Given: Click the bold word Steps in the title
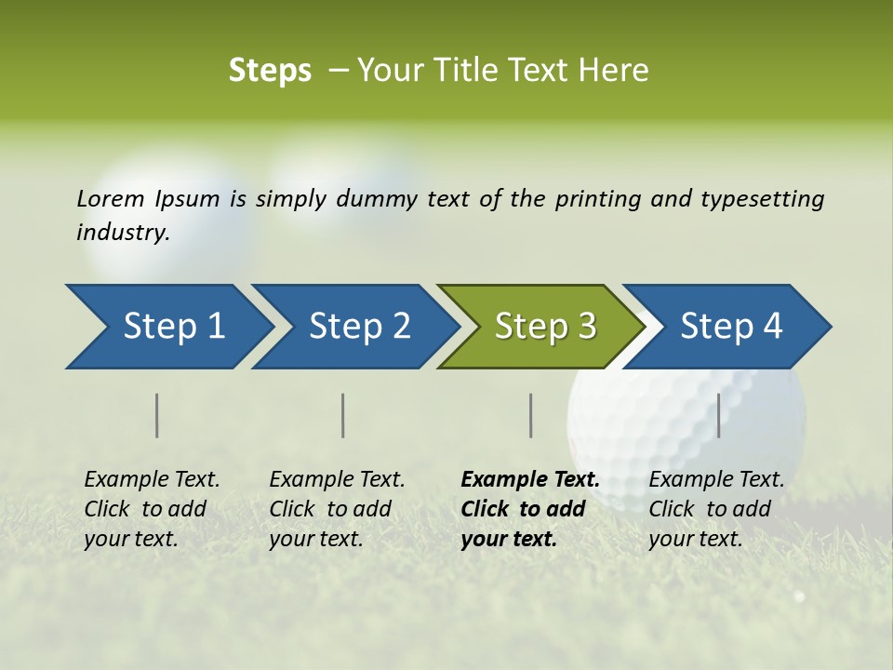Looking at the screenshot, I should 270,71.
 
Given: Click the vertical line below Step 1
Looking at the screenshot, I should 157,415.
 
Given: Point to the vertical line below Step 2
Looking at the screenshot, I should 343,415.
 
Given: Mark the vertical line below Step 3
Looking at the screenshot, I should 530,415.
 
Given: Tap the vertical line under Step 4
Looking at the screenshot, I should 718,415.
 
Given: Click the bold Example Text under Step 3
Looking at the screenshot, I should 530,480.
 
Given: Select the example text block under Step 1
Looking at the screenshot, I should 152,509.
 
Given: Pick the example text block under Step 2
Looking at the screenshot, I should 337,509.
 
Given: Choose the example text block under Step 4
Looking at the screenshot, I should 716,509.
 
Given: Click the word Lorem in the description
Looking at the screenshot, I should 111,199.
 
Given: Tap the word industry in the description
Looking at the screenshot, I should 123,233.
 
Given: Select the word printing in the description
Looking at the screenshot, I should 598,199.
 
